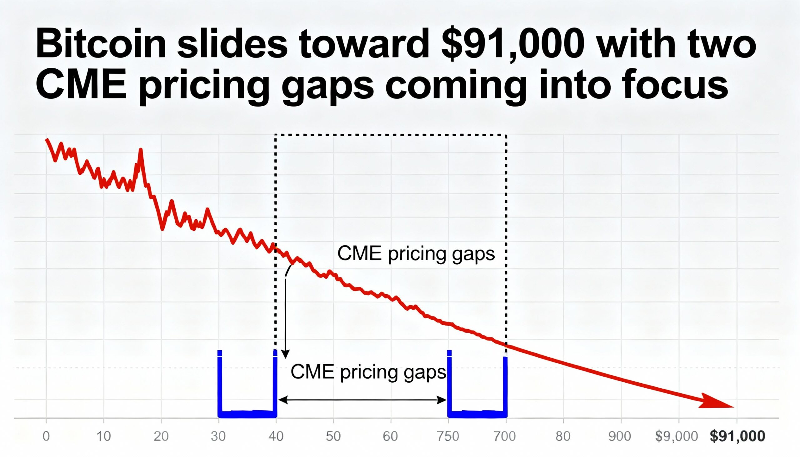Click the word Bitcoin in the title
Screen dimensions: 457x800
point(101,44)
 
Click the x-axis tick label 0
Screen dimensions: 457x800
point(46,436)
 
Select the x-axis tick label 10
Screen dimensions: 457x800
point(104,436)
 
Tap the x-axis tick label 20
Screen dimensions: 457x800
point(161,436)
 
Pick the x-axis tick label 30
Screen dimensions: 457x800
point(218,436)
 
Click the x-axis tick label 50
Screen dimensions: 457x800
point(333,436)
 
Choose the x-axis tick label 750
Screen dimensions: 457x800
point(448,436)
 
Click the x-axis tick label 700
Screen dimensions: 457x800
point(505,436)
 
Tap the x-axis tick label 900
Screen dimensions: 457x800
point(620,436)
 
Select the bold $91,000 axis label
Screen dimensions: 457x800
point(737,436)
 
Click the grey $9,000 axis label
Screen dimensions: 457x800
point(677,436)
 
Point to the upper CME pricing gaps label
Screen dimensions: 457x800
point(416,254)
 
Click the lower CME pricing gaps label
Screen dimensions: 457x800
point(368,372)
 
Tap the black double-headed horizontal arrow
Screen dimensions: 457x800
point(362,400)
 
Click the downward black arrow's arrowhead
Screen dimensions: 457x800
point(285,355)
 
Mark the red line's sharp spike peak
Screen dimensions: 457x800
point(140,150)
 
